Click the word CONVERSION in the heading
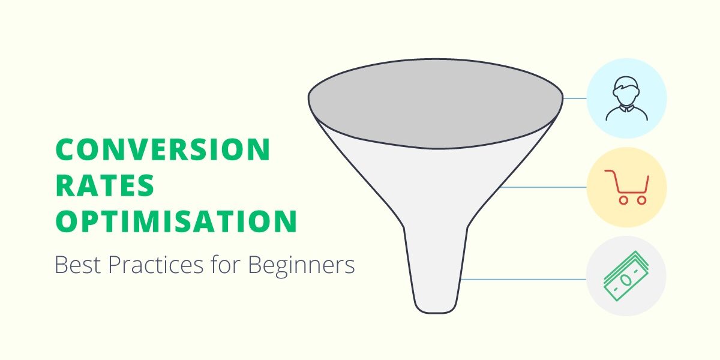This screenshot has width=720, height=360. click(x=163, y=149)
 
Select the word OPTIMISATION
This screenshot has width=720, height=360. click(x=176, y=221)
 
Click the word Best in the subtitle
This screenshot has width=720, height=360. click(x=76, y=264)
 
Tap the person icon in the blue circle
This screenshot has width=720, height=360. click(x=626, y=98)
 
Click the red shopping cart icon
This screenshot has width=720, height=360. click(x=626, y=187)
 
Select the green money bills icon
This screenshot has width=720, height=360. click(x=626, y=278)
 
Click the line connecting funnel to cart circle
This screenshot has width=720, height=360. click(x=543, y=187)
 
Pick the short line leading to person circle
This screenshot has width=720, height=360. click(x=575, y=98)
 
